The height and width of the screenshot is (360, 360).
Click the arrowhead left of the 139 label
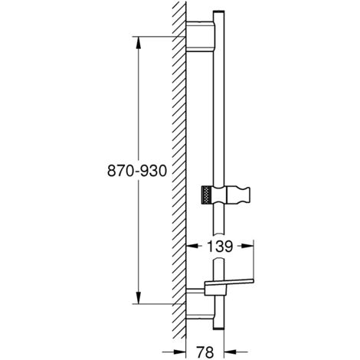coord(193,247)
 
